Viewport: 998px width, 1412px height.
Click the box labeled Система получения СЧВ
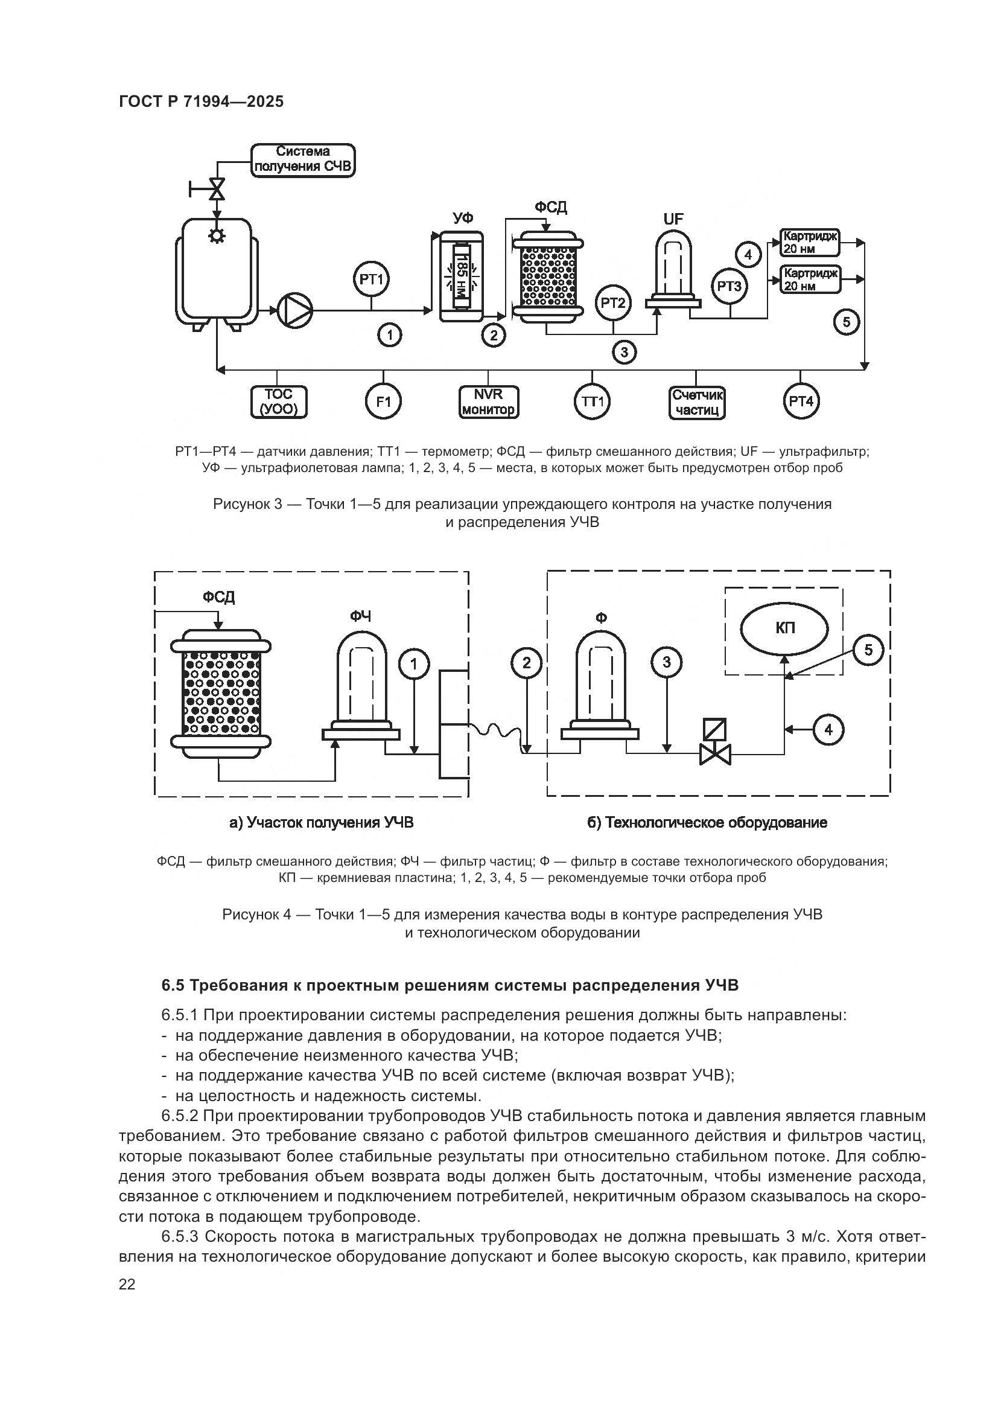303,161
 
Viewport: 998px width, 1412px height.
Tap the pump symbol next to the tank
296,310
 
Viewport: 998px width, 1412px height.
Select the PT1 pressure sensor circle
371,280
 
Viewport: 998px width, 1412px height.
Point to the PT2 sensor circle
612,302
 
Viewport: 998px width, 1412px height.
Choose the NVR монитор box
489,402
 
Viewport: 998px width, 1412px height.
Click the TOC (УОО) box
278,402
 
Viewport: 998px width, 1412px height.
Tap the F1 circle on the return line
384,402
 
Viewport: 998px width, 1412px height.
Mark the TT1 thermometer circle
593,402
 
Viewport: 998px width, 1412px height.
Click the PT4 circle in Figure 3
801,402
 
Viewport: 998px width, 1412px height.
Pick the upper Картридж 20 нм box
810,242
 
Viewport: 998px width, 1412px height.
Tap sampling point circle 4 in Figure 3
748,254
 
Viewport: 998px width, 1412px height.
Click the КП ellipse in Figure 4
784,628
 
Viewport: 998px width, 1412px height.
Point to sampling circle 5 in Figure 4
868,651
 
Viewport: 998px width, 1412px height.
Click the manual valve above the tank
217,189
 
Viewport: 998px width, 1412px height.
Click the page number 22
127,1285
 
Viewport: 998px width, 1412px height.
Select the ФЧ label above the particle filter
360,616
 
